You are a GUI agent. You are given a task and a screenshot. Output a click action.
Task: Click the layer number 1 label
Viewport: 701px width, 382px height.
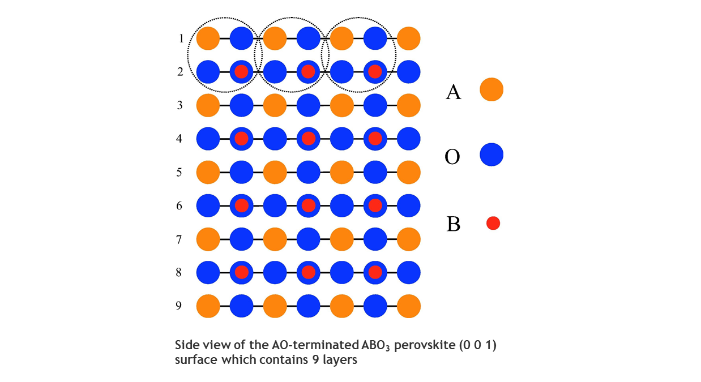pyautogui.click(x=181, y=38)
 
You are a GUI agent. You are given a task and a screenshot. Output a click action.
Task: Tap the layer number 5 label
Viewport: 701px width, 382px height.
pyautogui.click(x=179, y=173)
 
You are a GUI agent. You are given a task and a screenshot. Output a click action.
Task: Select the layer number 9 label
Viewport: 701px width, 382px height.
pyautogui.click(x=179, y=306)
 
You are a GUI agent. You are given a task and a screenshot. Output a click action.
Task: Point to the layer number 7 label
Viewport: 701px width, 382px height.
pyautogui.click(x=179, y=239)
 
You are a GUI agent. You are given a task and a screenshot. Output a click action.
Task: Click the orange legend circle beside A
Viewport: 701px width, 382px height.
pyautogui.click(x=491, y=89)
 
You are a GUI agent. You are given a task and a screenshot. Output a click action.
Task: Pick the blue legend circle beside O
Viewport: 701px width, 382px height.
pyautogui.click(x=491, y=154)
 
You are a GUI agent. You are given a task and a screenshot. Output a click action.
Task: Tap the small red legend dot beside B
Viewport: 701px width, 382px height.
pyautogui.click(x=493, y=223)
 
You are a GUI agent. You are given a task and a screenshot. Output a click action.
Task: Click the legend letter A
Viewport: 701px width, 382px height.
pyautogui.click(x=453, y=92)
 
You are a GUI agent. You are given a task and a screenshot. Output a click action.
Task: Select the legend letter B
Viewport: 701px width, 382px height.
pyautogui.click(x=454, y=224)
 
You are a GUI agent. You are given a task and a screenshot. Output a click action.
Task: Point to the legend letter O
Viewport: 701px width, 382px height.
pyautogui.click(x=452, y=157)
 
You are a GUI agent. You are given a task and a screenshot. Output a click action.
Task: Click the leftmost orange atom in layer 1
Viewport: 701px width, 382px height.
pyautogui.click(x=208, y=38)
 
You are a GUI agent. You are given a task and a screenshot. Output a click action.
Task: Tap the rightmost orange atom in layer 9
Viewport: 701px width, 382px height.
pyautogui.click(x=409, y=306)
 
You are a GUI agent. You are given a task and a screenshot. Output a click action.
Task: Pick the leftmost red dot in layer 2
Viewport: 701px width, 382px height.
pyautogui.click(x=241, y=72)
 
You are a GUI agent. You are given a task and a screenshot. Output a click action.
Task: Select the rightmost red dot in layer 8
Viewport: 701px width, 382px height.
pyautogui.click(x=375, y=272)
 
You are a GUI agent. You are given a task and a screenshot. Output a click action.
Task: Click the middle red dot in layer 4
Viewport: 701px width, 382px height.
pyautogui.click(x=308, y=139)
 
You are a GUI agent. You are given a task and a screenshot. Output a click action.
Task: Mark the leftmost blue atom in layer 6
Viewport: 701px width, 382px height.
pyautogui.click(x=208, y=205)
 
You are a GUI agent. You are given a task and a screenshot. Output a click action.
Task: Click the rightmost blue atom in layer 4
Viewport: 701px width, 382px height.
pyautogui.click(x=409, y=139)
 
